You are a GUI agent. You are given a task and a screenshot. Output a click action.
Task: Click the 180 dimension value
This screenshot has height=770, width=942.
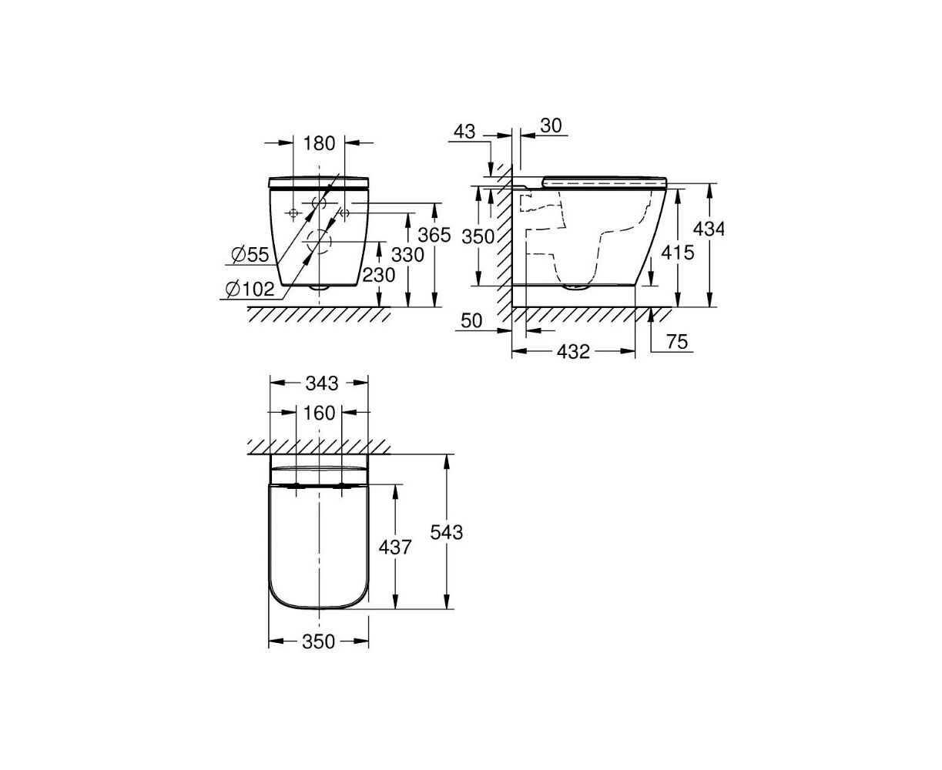pos(319,143)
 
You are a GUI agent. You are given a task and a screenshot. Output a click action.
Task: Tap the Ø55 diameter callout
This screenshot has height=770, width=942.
pos(250,255)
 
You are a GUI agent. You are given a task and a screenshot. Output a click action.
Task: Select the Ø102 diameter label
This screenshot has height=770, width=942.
pos(250,290)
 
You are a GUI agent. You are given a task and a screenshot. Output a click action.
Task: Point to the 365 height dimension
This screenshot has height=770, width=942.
pos(434,235)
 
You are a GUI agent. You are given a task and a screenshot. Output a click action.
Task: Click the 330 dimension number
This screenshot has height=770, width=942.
pos(407,255)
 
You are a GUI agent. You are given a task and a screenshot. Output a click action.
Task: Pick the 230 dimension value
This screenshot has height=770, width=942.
pos(378,275)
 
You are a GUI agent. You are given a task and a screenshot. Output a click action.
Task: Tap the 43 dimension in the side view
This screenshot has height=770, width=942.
pos(464,132)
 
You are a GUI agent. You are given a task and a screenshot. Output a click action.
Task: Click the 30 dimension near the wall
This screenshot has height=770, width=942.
pos(551,126)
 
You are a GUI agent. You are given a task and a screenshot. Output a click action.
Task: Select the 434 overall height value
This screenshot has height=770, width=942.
pos(709,229)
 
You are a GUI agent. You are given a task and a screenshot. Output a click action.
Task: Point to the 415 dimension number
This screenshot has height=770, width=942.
pos(678,253)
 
